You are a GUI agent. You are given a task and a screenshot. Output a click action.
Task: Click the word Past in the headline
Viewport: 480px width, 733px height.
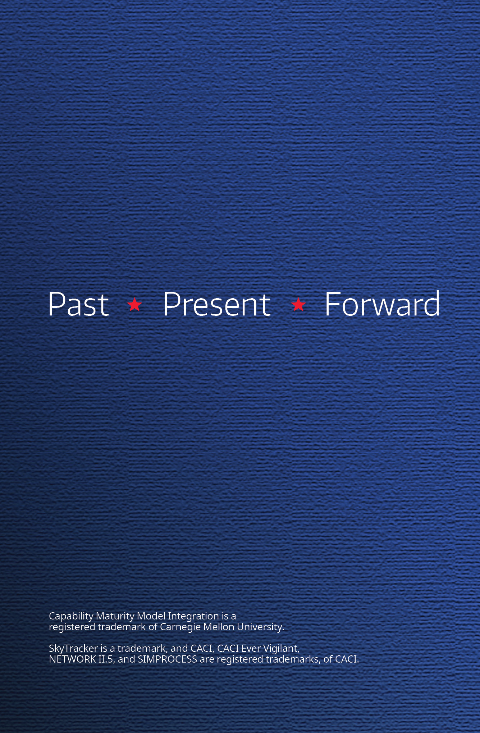click(78, 304)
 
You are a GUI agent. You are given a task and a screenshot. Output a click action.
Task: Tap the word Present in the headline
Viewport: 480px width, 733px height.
click(217, 304)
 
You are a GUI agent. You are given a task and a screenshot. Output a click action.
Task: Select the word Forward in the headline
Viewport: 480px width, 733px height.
click(382, 304)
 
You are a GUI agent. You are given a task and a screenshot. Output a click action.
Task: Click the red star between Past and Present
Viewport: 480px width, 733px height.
click(134, 304)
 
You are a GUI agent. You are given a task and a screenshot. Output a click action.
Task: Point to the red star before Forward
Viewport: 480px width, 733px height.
click(298, 304)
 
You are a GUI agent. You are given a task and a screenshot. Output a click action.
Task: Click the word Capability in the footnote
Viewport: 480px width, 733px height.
click(71, 616)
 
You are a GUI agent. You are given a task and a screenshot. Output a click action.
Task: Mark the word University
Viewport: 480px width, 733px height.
click(260, 627)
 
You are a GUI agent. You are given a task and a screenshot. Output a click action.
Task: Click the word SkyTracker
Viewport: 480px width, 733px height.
click(73, 649)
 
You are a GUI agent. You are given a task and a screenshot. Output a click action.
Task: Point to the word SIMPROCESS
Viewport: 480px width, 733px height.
click(168, 659)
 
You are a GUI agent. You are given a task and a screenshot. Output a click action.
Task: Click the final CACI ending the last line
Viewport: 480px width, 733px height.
click(347, 659)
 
